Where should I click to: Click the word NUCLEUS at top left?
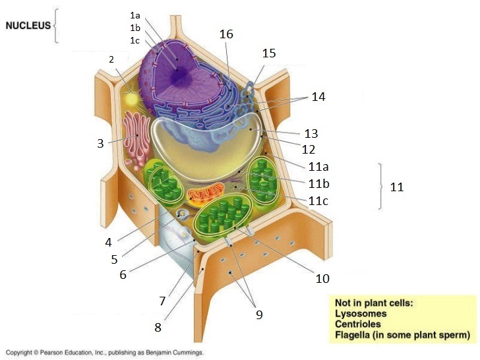(x=27, y=26)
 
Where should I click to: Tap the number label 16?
(x=226, y=34)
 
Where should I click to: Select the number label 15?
(x=268, y=53)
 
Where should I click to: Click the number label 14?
(x=318, y=96)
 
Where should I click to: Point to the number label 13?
(x=311, y=133)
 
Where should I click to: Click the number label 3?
(x=100, y=143)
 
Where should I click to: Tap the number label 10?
(x=322, y=278)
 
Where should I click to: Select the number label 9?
(x=259, y=315)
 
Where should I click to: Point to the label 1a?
(x=135, y=15)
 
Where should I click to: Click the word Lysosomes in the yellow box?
(x=361, y=314)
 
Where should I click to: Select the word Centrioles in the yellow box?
(x=359, y=324)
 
